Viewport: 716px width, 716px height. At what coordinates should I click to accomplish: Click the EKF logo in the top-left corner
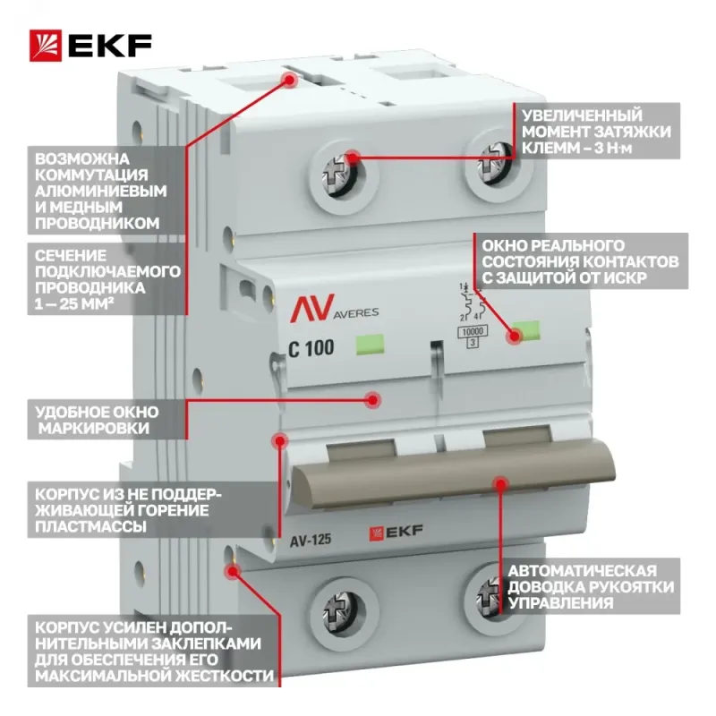point(90,46)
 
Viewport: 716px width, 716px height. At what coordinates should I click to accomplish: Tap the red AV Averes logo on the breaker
point(334,308)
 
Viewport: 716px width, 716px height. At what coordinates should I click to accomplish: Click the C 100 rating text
point(311,348)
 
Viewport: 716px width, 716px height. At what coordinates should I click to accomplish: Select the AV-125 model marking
point(310,541)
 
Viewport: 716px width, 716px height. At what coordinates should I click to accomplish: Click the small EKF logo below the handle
point(396,532)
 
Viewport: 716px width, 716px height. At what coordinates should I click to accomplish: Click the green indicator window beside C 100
point(370,345)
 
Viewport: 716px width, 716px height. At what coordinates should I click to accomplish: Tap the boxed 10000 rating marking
point(473,331)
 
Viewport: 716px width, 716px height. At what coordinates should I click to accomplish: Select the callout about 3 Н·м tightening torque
point(597,132)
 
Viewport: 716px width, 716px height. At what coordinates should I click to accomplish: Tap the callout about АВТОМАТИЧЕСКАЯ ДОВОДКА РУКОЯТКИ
point(591,586)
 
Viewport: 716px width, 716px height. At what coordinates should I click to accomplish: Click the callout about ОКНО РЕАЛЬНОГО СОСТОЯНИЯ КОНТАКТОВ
point(581,261)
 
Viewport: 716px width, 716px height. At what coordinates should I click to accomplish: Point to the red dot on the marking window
point(373,399)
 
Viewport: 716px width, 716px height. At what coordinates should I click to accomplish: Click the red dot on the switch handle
point(501,484)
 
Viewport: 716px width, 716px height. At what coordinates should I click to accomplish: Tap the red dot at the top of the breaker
point(289,80)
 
